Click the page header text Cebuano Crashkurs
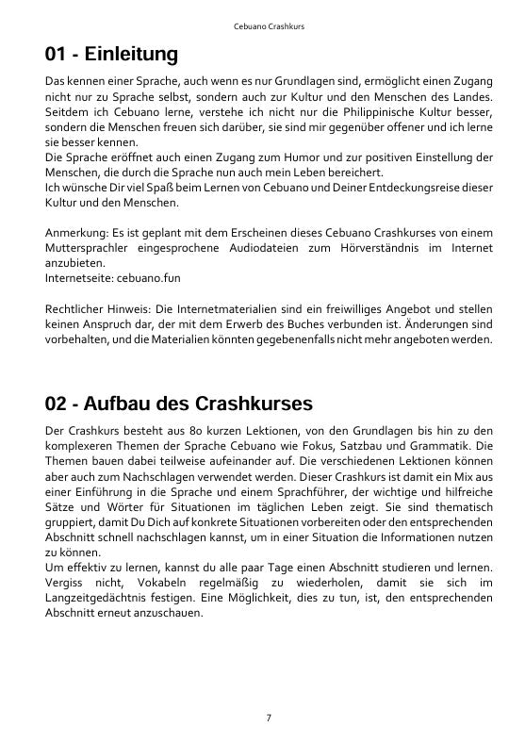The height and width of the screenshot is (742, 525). (x=269, y=25)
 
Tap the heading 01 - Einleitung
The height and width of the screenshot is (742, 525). (x=111, y=55)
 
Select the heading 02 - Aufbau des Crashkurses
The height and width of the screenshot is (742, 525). (x=178, y=404)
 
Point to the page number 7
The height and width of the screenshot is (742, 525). (x=269, y=717)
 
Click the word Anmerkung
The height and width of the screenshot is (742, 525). (x=75, y=233)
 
